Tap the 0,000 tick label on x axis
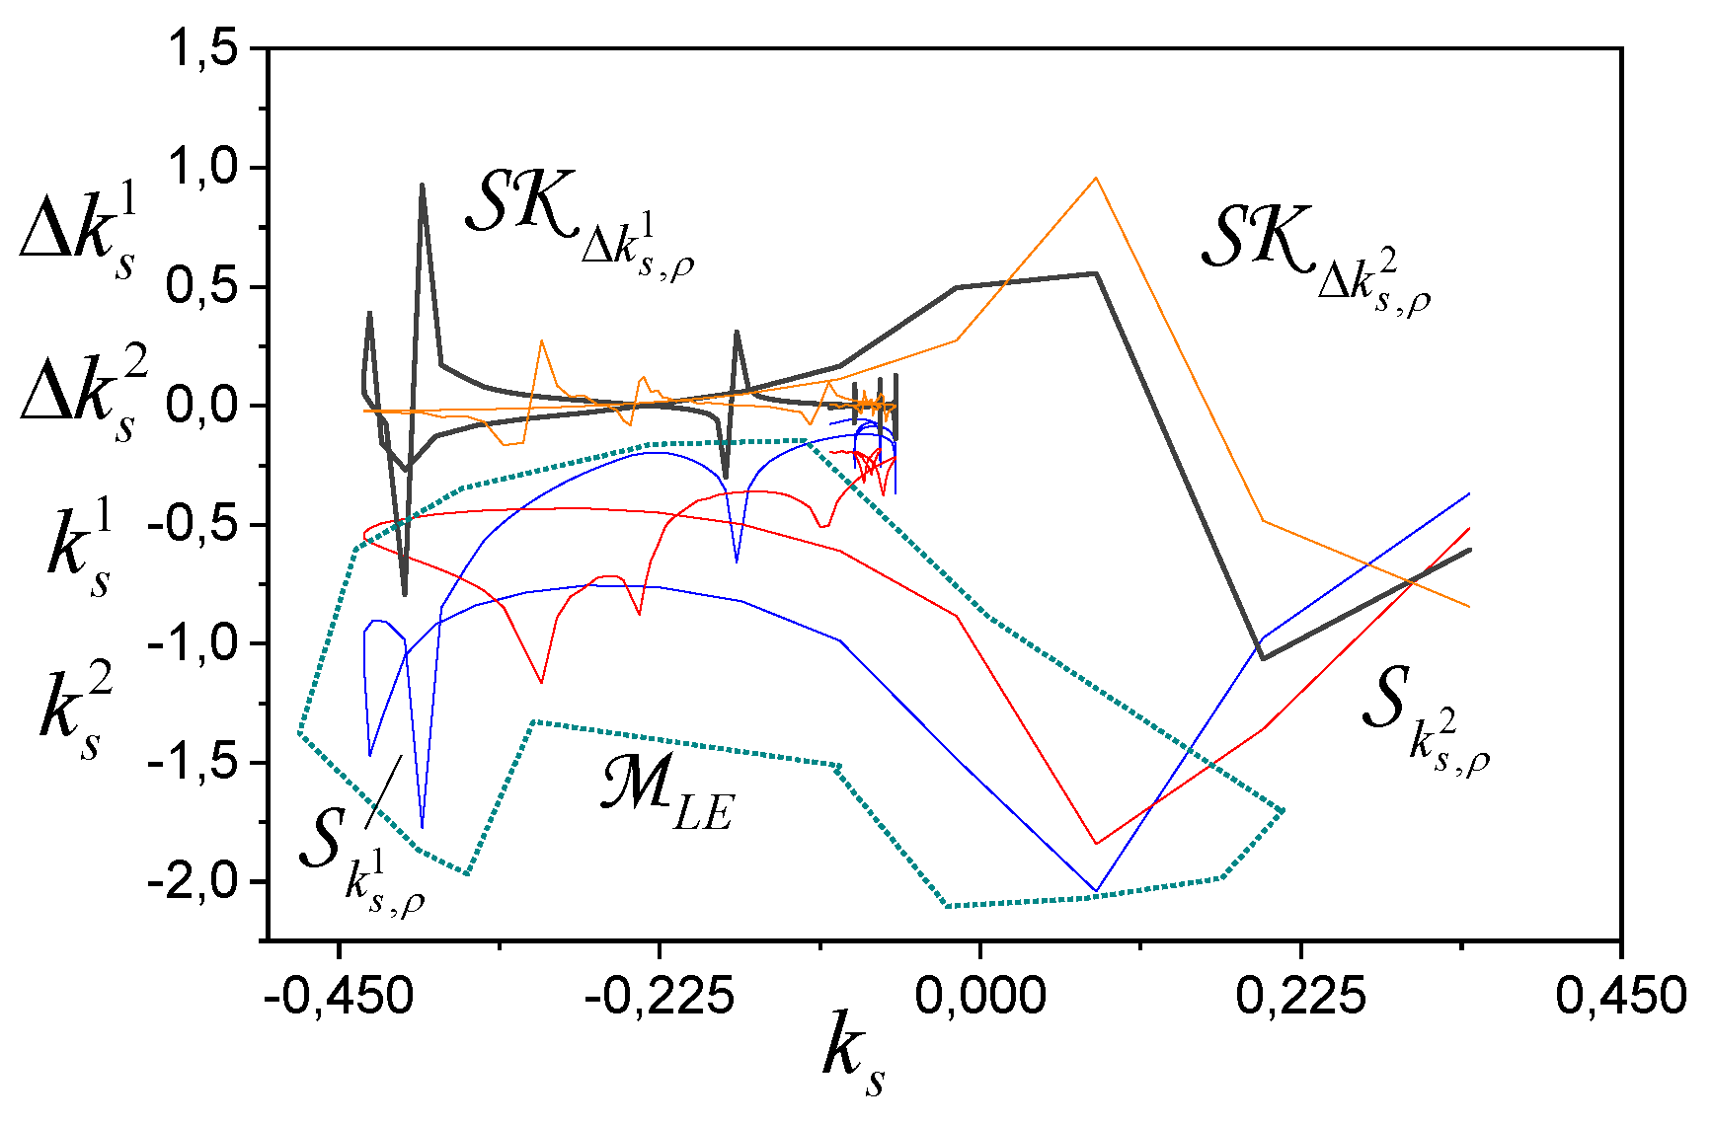coord(979,996)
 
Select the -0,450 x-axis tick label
coord(338,996)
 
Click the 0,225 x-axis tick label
coord(1300,996)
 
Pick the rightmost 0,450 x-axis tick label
coord(1620,996)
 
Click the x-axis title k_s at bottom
coord(854,1061)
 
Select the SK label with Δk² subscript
coord(1313,252)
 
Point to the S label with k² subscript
coord(1422,720)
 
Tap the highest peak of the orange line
coord(1095,179)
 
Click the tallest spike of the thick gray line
coord(423,185)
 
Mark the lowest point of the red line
coord(1096,844)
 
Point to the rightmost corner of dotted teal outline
coord(1284,811)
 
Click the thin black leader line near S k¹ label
coord(383,791)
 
